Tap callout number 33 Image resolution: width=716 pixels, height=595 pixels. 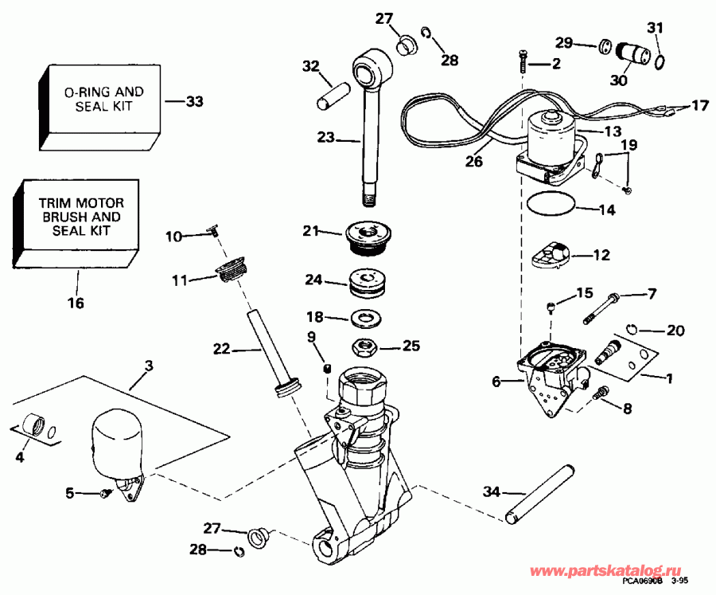[x=194, y=101]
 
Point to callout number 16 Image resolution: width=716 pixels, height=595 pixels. [x=77, y=303]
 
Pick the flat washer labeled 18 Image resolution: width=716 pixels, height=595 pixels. [x=368, y=319]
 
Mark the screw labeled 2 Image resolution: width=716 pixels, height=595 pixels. [x=522, y=61]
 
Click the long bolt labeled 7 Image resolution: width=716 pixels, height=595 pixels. [x=602, y=309]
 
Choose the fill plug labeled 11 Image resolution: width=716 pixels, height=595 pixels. [x=229, y=271]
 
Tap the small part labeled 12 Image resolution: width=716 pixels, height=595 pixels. [x=550, y=256]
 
